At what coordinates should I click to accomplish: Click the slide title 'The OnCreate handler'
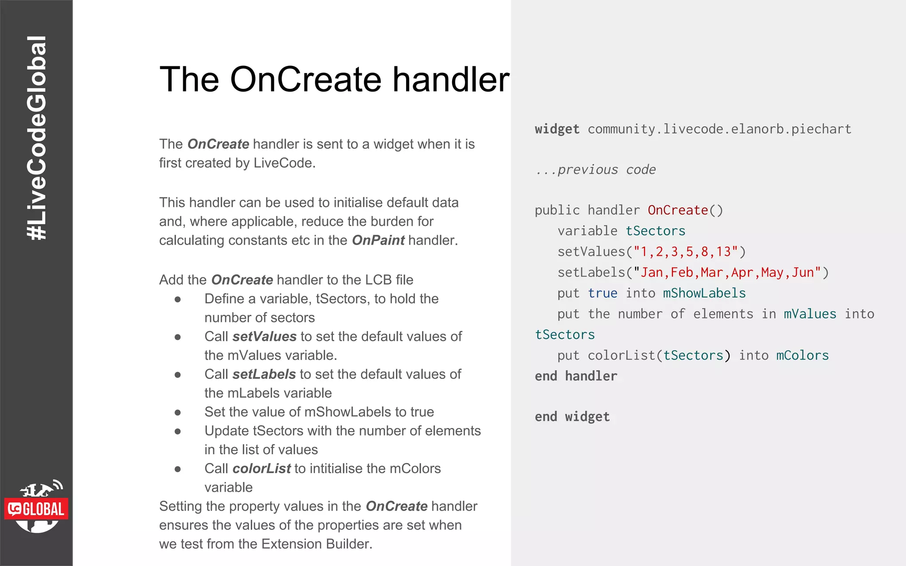[334, 80]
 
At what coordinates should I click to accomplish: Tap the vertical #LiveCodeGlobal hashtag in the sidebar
[37, 138]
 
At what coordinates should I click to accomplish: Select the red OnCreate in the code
[678, 210]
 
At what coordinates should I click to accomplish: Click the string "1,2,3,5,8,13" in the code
[686, 252]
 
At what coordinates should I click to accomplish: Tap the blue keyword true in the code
[603, 293]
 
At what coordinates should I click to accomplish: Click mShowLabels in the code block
[704, 293]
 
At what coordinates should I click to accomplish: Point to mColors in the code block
[802, 356]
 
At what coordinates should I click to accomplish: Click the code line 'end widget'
[572, 417]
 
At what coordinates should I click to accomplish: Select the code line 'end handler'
[576, 376]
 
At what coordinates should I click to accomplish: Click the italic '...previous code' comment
[595, 170]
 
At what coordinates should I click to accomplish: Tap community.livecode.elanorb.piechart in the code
[719, 129]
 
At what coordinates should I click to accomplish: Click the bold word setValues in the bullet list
[264, 337]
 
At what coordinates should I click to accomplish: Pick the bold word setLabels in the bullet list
[264, 374]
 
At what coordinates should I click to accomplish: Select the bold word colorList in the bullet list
[261, 468]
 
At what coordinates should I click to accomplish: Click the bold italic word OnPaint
[378, 240]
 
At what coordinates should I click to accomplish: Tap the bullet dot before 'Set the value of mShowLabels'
[178, 412]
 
